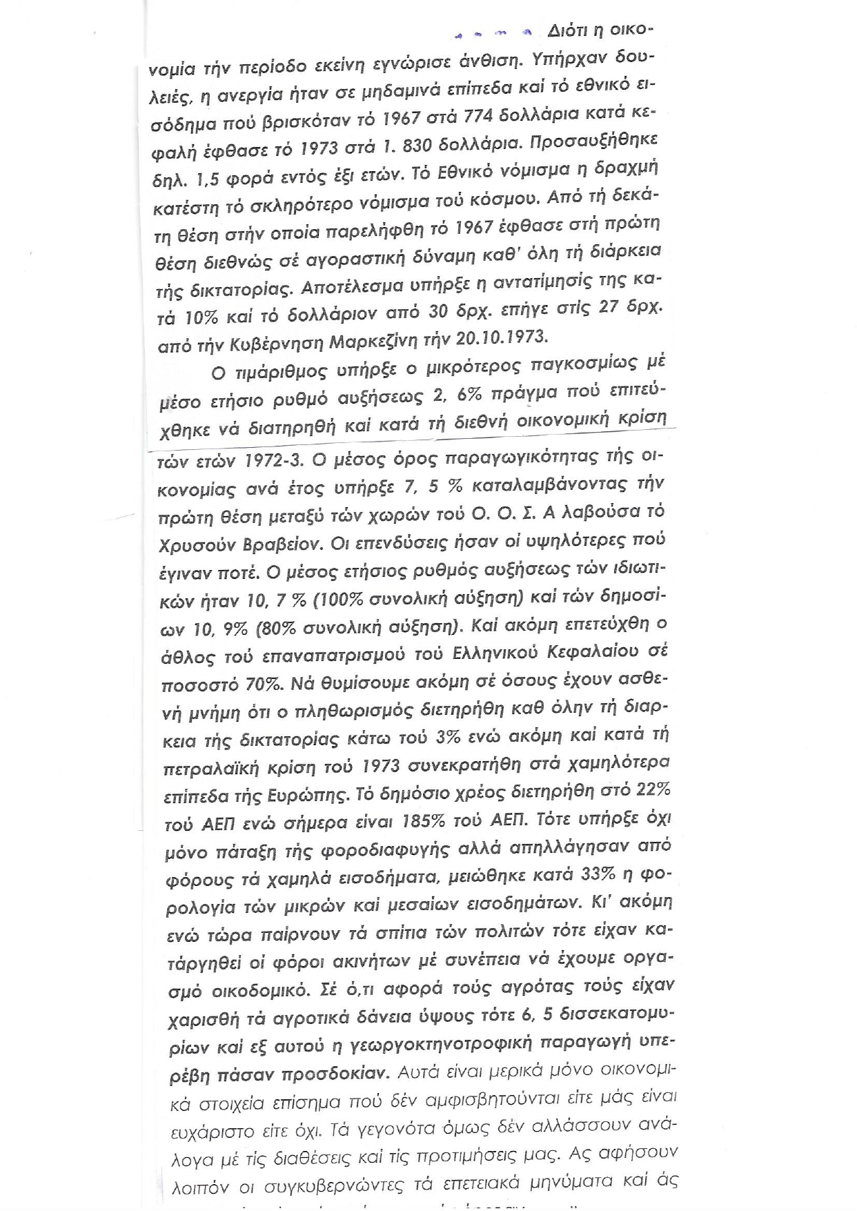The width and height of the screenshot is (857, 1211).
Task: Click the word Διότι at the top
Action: point(566,31)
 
